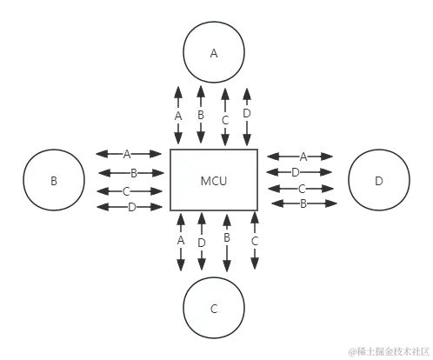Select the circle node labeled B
pos(54,182)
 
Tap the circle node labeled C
pos(214,309)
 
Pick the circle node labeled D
pos(378,182)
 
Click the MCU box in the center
pos(214,181)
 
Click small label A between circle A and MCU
pos(179,115)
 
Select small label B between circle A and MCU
pos(201,115)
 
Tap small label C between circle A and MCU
pos(224,119)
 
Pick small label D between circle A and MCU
pos(247,113)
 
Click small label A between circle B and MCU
pos(127,154)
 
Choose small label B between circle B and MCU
pos(133,172)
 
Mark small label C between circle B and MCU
pos(127,190)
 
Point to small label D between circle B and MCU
pos(132,207)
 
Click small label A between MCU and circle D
pos(303,157)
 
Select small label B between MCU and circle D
pos(304,203)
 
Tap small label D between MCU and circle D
pos(296,172)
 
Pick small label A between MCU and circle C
pos(181,238)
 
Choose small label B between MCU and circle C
pos(226,237)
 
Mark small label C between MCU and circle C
pos(254,239)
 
